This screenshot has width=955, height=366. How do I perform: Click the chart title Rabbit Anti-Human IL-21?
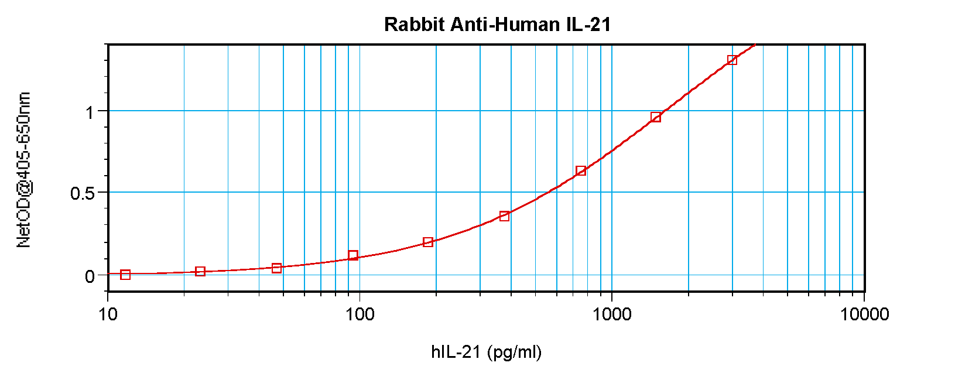pyautogui.click(x=497, y=25)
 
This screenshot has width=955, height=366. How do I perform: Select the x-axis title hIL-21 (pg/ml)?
pyautogui.click(x=486, y=352)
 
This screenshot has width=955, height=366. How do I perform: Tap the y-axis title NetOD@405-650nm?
pyautogui.click(x=24, y=170)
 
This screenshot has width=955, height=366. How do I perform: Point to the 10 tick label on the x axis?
pyautogui.click(x=108, y=314)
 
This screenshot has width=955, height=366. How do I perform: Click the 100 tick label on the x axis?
pyautogui.click(x=360, y=314)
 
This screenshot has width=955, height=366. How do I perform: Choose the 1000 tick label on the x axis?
pyautogui.click(x=612, y=314)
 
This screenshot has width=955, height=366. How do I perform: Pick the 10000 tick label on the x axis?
pyautogui.click(x=864, y=314)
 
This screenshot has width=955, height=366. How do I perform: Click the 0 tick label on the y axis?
pyautogui.click(x=90, y=276)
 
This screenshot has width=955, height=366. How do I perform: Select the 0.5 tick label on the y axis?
pyautogui.click(x=83, y=193)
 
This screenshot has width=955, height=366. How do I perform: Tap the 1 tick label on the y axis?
pyautogui.click(x=90, y=112)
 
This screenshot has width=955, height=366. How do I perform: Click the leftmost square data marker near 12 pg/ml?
pyautogui.click(x=125, y=275)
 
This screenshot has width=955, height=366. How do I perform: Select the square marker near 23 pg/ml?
pyautogui.click(x=200, y=272)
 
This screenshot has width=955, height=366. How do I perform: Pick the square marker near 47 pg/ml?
pyautogui.click(x=277, y=268)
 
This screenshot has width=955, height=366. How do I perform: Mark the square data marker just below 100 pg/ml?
pyautogui.click(x=353, y=255)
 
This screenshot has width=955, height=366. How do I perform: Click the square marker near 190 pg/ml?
pyautogui.click(x=428, y=242)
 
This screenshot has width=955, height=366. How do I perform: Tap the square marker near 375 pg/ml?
pyautogui.click(x=504, y=216)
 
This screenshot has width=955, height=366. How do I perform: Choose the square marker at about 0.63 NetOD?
pyautogui.click(x=581, y=171)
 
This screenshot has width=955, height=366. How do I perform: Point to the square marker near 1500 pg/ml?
pyautogui.click(x=656, y=117)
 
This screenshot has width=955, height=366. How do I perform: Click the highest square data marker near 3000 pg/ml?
pyautogui.click(x=732, y=60)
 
